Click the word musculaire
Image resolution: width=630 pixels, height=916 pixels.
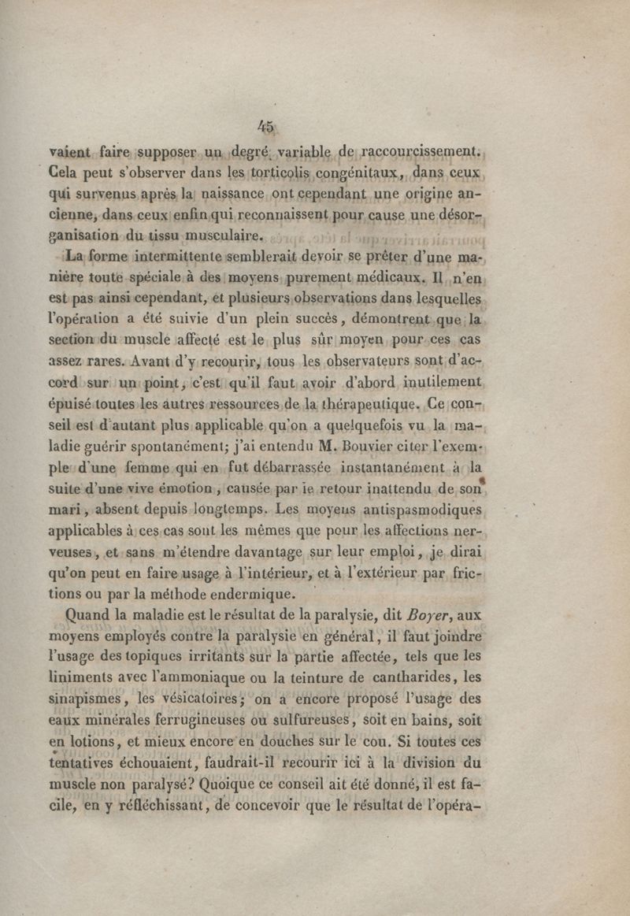[219, 235]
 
